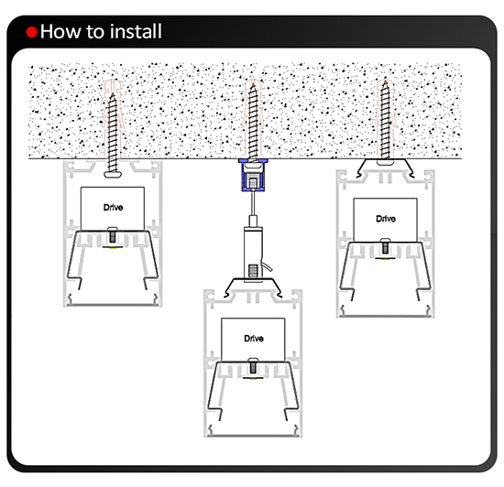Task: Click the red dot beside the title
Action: (x=31, y=32)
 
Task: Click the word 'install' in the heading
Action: (x=136, y=31)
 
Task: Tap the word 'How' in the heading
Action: (x=60, y=31)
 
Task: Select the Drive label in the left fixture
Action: (x=113, y=208)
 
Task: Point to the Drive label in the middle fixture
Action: (x=254, y=339)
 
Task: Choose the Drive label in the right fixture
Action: (x=386, y=219)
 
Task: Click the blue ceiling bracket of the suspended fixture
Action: (x=253, y=175)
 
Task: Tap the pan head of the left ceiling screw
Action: (x=113, y=174)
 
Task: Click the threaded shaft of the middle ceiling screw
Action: (x=253, y=124)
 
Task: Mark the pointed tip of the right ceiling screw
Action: (x=385, y=81)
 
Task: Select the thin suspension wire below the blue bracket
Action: (x=253, y=203)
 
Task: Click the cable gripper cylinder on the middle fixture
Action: (x=253, y=254)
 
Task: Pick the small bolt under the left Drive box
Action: (x=113, y=235)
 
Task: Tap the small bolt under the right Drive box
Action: (x=385, y=246)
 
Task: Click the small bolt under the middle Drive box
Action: (x=253, y=366)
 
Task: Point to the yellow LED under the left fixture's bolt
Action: (x=113, y=247)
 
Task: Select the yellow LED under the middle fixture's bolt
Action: (x=253, y=378)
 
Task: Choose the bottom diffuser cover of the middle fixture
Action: (x=253, y=436)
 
